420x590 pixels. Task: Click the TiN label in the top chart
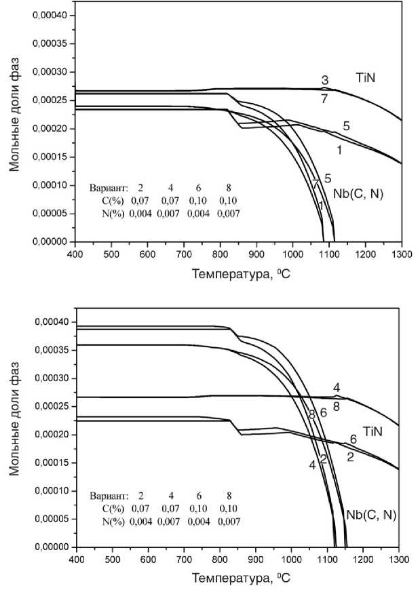point(366,78)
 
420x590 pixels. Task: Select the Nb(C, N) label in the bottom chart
point(371,515)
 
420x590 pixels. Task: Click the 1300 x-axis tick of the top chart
point(402,254)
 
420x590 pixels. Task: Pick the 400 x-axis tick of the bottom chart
point(76,559)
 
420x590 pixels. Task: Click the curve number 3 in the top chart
point(325,80)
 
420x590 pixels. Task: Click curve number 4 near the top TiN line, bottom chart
point(337,387)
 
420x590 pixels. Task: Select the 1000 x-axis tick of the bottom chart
point(291,559)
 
